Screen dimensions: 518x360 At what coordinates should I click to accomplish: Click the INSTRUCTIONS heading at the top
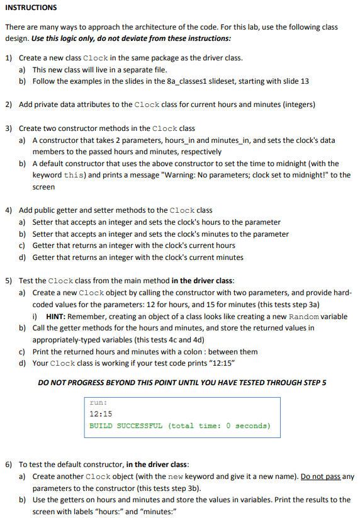coord(31,8)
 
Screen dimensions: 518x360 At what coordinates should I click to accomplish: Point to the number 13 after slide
coord(305,81)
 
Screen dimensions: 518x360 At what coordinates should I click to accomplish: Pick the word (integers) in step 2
coord(299,104)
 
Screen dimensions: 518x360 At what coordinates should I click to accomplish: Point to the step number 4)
coord(9,210)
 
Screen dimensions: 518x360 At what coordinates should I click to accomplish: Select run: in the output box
coord(98,402)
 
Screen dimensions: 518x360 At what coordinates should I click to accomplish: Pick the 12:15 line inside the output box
coord(101,414)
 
